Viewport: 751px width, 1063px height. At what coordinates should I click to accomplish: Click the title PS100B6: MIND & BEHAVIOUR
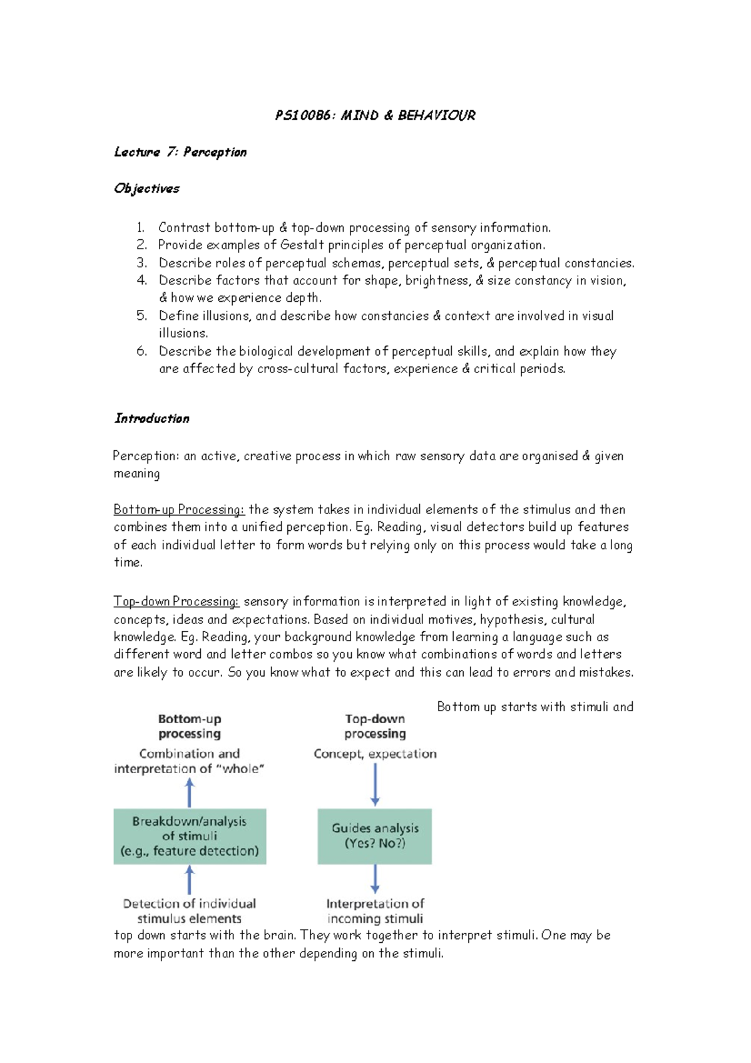[375, 115]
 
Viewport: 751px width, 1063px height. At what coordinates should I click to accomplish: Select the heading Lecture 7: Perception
[180, 152]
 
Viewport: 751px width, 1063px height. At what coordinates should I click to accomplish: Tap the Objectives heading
[146, 188]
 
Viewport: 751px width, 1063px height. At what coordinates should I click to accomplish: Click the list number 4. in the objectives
[142, 280]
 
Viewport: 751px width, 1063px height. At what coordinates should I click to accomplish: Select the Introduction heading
[151, 418]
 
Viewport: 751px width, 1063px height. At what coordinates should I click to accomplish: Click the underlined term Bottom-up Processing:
[179, 509]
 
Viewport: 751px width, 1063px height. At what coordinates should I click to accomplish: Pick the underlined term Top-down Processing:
[176, 601]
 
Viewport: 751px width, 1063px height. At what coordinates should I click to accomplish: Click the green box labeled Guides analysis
[374, 836]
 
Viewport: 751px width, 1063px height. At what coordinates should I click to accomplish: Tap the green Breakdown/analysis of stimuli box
[190, 836]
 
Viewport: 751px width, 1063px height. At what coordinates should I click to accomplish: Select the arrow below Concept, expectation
[375, 784]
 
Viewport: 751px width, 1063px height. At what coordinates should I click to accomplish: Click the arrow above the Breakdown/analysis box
[190, 792]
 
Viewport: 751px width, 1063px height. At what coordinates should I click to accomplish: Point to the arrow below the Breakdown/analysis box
[190, 880]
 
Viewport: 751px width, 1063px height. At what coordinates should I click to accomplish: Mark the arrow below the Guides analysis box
[375, 879]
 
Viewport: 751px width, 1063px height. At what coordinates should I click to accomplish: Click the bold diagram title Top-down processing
[375, 726]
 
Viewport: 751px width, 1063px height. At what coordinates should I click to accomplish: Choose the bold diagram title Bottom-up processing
[190, 726]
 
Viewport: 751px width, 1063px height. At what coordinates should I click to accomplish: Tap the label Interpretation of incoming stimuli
[375, 911]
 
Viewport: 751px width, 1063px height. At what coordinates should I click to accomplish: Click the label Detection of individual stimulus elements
[190, 911]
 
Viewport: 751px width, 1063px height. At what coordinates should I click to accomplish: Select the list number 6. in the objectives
[142, 351]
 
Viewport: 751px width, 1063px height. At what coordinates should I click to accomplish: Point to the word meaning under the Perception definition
[136, 474]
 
